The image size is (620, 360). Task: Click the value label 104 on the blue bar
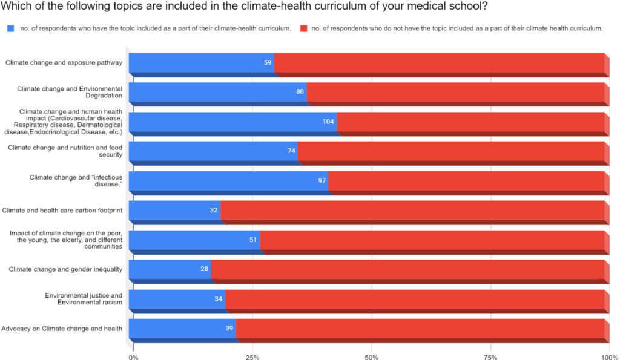[x=328, y=122]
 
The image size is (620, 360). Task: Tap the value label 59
[x=267, y=62]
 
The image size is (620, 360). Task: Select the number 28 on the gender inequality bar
[x=204, y=269]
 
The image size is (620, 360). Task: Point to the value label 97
[x=322, y=180]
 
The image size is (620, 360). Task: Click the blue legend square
[x=11, y=28]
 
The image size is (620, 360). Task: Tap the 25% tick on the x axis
[x=252, y=357]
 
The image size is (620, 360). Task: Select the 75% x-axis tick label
[x=491, y=357]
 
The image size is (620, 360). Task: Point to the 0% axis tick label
[x=133, y=357]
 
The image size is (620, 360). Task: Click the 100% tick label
[x=609, y=357]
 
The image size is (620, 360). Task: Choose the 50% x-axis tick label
[x=372, y=357]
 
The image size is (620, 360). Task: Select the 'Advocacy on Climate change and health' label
[x=62, y=328]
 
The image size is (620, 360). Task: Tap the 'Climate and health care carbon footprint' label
[x=62, y=210]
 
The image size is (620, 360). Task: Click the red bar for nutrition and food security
[x=451, y=151]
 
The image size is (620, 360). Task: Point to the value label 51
[x=253, y=240]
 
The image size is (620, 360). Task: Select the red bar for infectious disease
[x=466, y=180]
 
